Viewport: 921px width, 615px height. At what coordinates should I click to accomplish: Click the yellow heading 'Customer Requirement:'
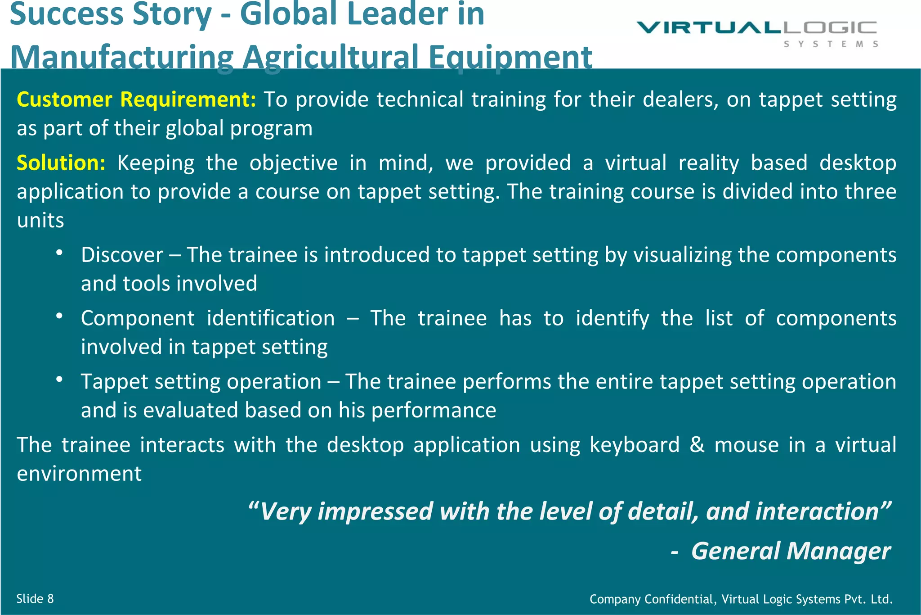(x=136, y=99)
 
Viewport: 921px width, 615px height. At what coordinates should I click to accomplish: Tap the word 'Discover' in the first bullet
(x=122, y=255)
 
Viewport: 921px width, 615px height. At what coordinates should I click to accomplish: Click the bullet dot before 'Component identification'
(x=59, y=316)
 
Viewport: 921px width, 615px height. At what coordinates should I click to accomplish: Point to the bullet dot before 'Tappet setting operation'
(x=59, y=380)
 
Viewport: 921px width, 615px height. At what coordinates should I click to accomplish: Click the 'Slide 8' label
(x=35, y=599)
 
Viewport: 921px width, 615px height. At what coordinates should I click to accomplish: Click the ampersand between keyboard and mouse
(x=697, y=445)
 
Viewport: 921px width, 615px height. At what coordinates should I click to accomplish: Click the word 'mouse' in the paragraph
(x=747, y=445)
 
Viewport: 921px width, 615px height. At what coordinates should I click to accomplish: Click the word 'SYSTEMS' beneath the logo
(x=831, y=44)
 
